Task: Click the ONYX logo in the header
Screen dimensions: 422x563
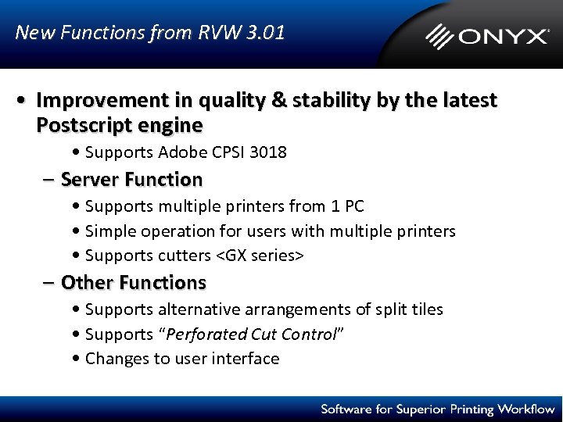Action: pos(487,36)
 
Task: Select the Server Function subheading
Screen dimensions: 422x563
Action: pos(131,180)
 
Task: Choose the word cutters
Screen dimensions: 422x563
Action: pos(185,256)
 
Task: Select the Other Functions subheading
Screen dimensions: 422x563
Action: pos(133,282)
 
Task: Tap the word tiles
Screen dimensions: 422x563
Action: pos(426,309)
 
